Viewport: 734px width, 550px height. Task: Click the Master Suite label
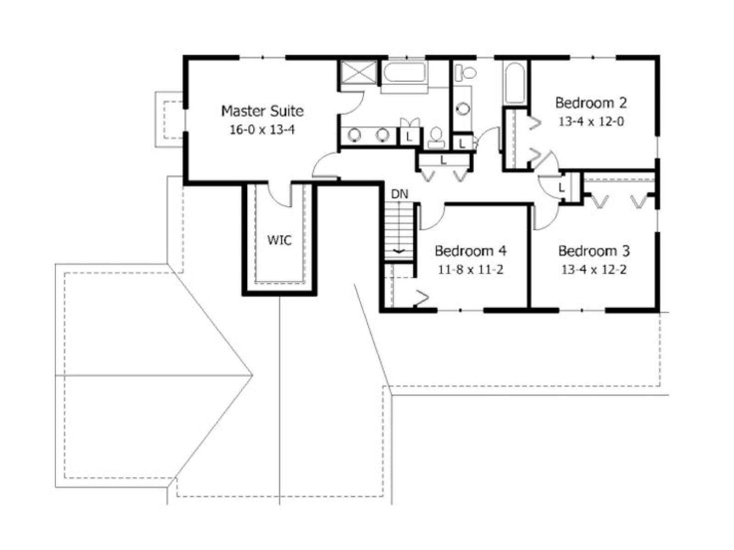pos(262,111)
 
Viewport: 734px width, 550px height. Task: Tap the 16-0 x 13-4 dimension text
pos(262,130)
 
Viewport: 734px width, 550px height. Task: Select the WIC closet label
pos(279,240)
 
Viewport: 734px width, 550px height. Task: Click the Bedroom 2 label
pos(591,103)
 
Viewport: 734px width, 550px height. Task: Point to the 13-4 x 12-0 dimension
pos(591,121)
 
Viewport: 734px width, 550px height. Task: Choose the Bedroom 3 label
pos(594,251)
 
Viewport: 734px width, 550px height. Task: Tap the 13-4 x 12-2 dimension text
pos(594,269)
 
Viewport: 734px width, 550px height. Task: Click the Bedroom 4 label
pos(471,251)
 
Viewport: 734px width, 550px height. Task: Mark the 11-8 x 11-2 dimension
pos(471,269)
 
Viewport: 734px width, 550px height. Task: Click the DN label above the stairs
pos(400,194)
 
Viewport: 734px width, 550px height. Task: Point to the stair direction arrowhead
pos(399,251)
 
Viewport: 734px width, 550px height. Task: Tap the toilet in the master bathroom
pos(436,138)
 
